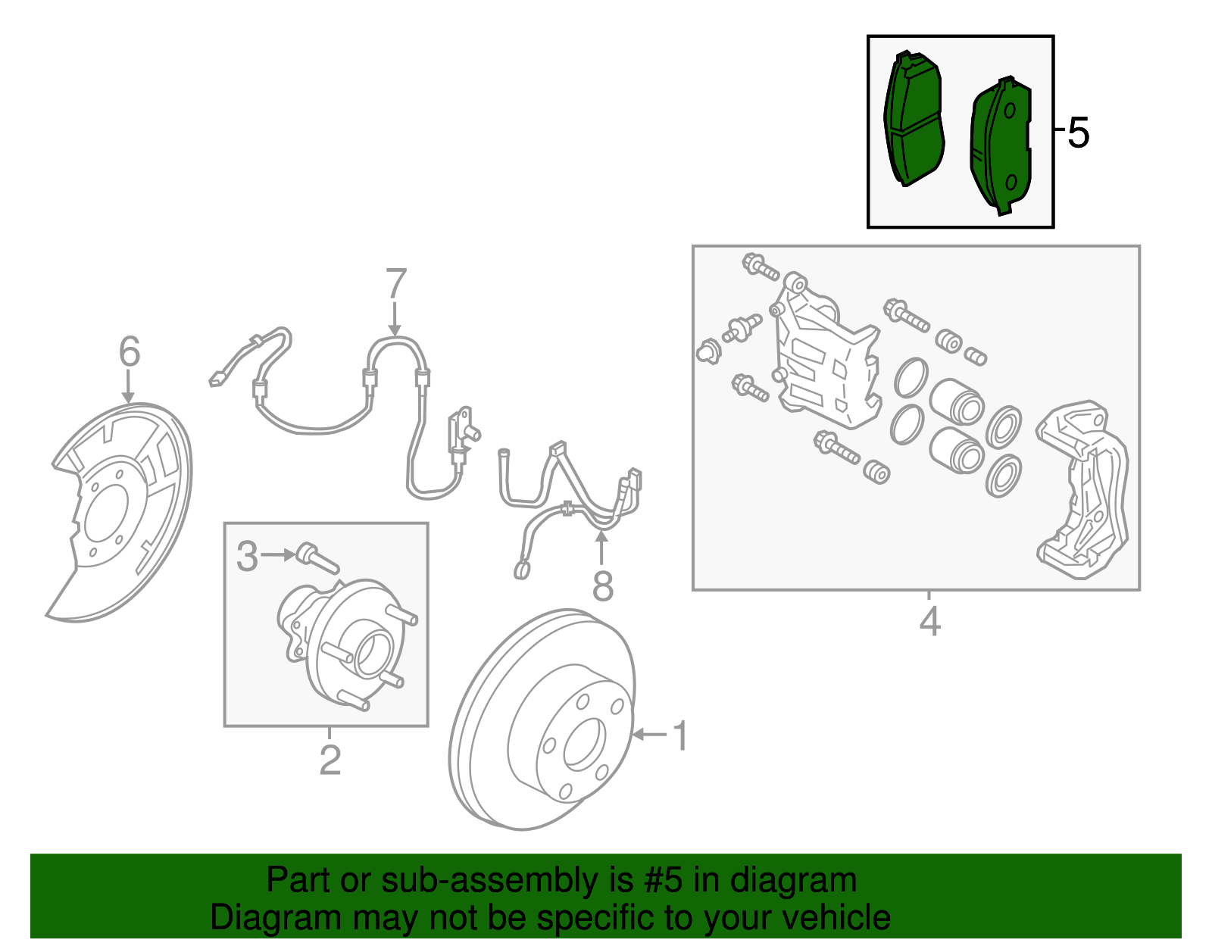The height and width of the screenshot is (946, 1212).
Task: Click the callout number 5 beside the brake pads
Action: pyautogui.click(x=1078, y=133)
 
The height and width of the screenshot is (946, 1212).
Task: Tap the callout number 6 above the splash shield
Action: pyautogui.click(x=130, y=352)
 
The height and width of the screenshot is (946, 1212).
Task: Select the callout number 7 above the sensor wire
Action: pyautogui.click(x=395, y=285)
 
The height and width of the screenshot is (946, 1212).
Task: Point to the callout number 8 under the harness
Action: pyautogui.click(x=602, y=586)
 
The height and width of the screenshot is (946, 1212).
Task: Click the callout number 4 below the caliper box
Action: pyautogui.click(x=929, y=622)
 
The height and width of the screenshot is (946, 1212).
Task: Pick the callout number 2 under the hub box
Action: pyautogui.click(x=330, y=760)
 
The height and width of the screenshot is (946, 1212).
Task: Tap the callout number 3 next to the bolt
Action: pyautogui.click(x=247, y=556)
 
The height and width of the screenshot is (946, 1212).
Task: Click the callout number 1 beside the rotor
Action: pyautogui.click(x=681, y=735)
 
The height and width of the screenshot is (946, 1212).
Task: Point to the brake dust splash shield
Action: pyautogui.click(x=121, y=507)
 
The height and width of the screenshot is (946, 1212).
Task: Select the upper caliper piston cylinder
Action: pyautogui.click(x=957, y=401)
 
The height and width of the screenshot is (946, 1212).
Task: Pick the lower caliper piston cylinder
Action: pyautogui.click(x=957, y=450)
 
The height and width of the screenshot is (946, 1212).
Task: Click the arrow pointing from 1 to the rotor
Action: pyautogui.click(x=649, y=734)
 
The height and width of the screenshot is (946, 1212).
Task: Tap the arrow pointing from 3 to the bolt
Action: pyautogui.click(x=279, y=555)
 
